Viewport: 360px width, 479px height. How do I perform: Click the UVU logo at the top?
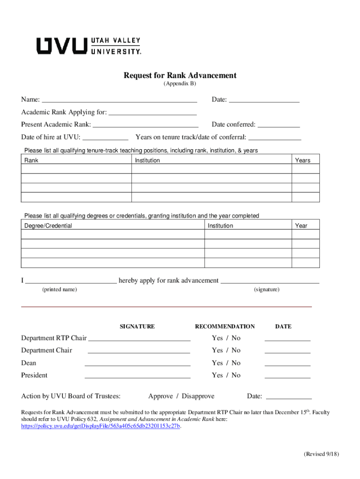(x=89, y=45)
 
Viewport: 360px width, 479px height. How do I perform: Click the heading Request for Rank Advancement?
(x=180, y=75)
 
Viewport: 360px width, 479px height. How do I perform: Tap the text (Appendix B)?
(x=180, y=84)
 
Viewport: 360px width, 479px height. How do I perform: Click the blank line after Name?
(x=120, y=100)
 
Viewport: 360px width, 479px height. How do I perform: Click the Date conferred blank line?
(x=279, y=125)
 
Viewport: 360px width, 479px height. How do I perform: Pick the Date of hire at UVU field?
(x=105, y=138)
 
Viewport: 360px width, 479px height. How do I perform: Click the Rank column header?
(x=31, y=160)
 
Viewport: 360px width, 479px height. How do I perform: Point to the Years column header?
(x=302, y=160)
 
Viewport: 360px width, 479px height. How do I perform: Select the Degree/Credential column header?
(x=48, y=226)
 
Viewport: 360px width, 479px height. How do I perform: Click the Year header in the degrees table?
(x=301, y=226)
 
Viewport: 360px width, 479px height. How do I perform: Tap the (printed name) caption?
(x=60, y=290)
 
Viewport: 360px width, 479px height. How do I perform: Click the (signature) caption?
(x=266, y=290)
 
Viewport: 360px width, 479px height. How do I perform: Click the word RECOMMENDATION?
(x=225, y=327)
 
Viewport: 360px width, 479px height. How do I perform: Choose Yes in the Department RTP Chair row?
(x=217, y=338)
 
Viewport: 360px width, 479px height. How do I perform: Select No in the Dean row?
(x=236, y=363)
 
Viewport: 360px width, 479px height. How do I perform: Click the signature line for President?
(x=137, y=375)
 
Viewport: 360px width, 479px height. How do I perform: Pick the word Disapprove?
(x=198, y=396)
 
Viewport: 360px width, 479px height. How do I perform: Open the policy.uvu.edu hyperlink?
(x=101, y=427)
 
